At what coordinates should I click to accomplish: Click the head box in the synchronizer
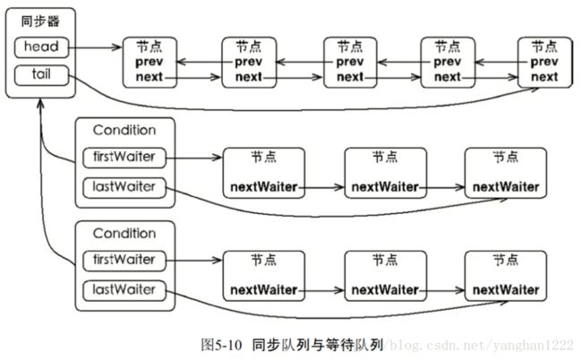pyautogui.click(x=41, y=47)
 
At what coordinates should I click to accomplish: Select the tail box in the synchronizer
pyautogui.click(x=41, y=75)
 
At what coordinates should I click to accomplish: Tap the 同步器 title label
pyautogui.click(x=40, y=21)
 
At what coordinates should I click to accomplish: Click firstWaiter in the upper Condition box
pyautogui.click(x=124, y=158)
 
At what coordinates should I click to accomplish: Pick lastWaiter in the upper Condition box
pyautogui.click(x=124, y=187)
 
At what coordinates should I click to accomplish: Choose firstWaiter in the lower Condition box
pyautogui.click(x=124, y=261)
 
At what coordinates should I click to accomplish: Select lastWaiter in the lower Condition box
pyautogui.click(x=124, y=290)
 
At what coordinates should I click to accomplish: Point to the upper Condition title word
pyautogui.click(x=124, y=130)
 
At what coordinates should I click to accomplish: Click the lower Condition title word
pyautogui.click(x=124, y=234)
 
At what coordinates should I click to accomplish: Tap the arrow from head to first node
pyautogui.click(x=95, y=47)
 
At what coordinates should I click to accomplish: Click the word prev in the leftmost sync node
pyautogui.click(x=150, y=62)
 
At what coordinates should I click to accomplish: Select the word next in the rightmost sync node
pyautogui.click(x=544, y=77)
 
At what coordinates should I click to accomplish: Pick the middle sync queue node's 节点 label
pyautogui.click(x=350, y=47)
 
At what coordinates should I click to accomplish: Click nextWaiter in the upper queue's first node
pyautogui.click(x=264, y=186)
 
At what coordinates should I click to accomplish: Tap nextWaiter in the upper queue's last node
pyautogui.click(x=506, y=186)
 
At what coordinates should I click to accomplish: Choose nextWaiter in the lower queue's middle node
pyautogui.click(x=385, y=290)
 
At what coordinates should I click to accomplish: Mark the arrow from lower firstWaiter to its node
pyautogui.click(x=193, y=261)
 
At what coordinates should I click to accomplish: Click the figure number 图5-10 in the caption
pyautogui.click(x=221, y=345)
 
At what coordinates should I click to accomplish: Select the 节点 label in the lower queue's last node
pyautogui.click(x=506, y=260)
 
